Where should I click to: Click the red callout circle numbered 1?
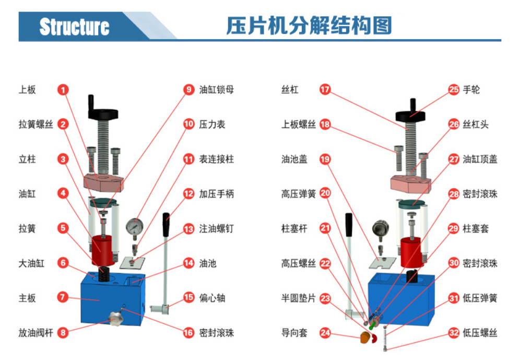pyautogui.click(x=63, y=90)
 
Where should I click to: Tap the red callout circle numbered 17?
pyautogui.click(x=325, y=90)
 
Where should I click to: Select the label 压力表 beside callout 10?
pyautogui.click(x=213, y=124)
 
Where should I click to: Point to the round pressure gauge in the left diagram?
pyautogui.click(x=135, y=226)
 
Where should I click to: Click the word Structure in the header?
pyautogui.click(x=75, y=26)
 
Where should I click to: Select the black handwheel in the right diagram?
pyautogui.click(x=412, y=113)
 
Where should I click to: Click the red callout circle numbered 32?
pyautogui.click(x=454, y=333)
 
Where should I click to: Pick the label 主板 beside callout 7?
pyautogui.click(x=27, y=298)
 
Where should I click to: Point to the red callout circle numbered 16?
pyautogui.click(x=188, y=333)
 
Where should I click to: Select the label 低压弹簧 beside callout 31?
pyautogui.click(x=480, y=298)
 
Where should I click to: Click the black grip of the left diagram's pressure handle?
pyautogui.click(x=167, y=223)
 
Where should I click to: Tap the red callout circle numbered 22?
pyautogui.click(x=325, y=263)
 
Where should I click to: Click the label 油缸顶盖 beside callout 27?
pyautogui.click(x=480, y=159)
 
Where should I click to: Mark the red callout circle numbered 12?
pyautogui.click(x=188, y=194)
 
